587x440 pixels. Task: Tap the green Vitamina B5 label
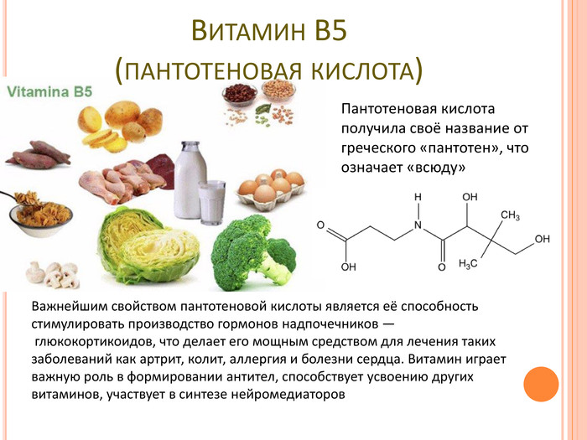(49, 92)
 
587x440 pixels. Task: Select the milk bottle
(190, 179)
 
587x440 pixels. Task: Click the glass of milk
(211, 202)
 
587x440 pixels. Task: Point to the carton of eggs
(271, 189)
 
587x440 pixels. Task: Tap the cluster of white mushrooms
(53, 274)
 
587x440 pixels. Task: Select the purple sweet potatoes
(39, 155)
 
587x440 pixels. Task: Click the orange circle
(541, 384)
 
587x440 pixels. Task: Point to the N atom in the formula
(418, 225)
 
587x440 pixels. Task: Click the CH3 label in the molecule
(510, 215)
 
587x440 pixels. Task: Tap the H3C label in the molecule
(468, 263)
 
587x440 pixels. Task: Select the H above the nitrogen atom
(418, 197)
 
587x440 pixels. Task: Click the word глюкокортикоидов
(94, 342)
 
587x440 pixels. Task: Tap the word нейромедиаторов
(288, 395)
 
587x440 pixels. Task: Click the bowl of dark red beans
(240, 93)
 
